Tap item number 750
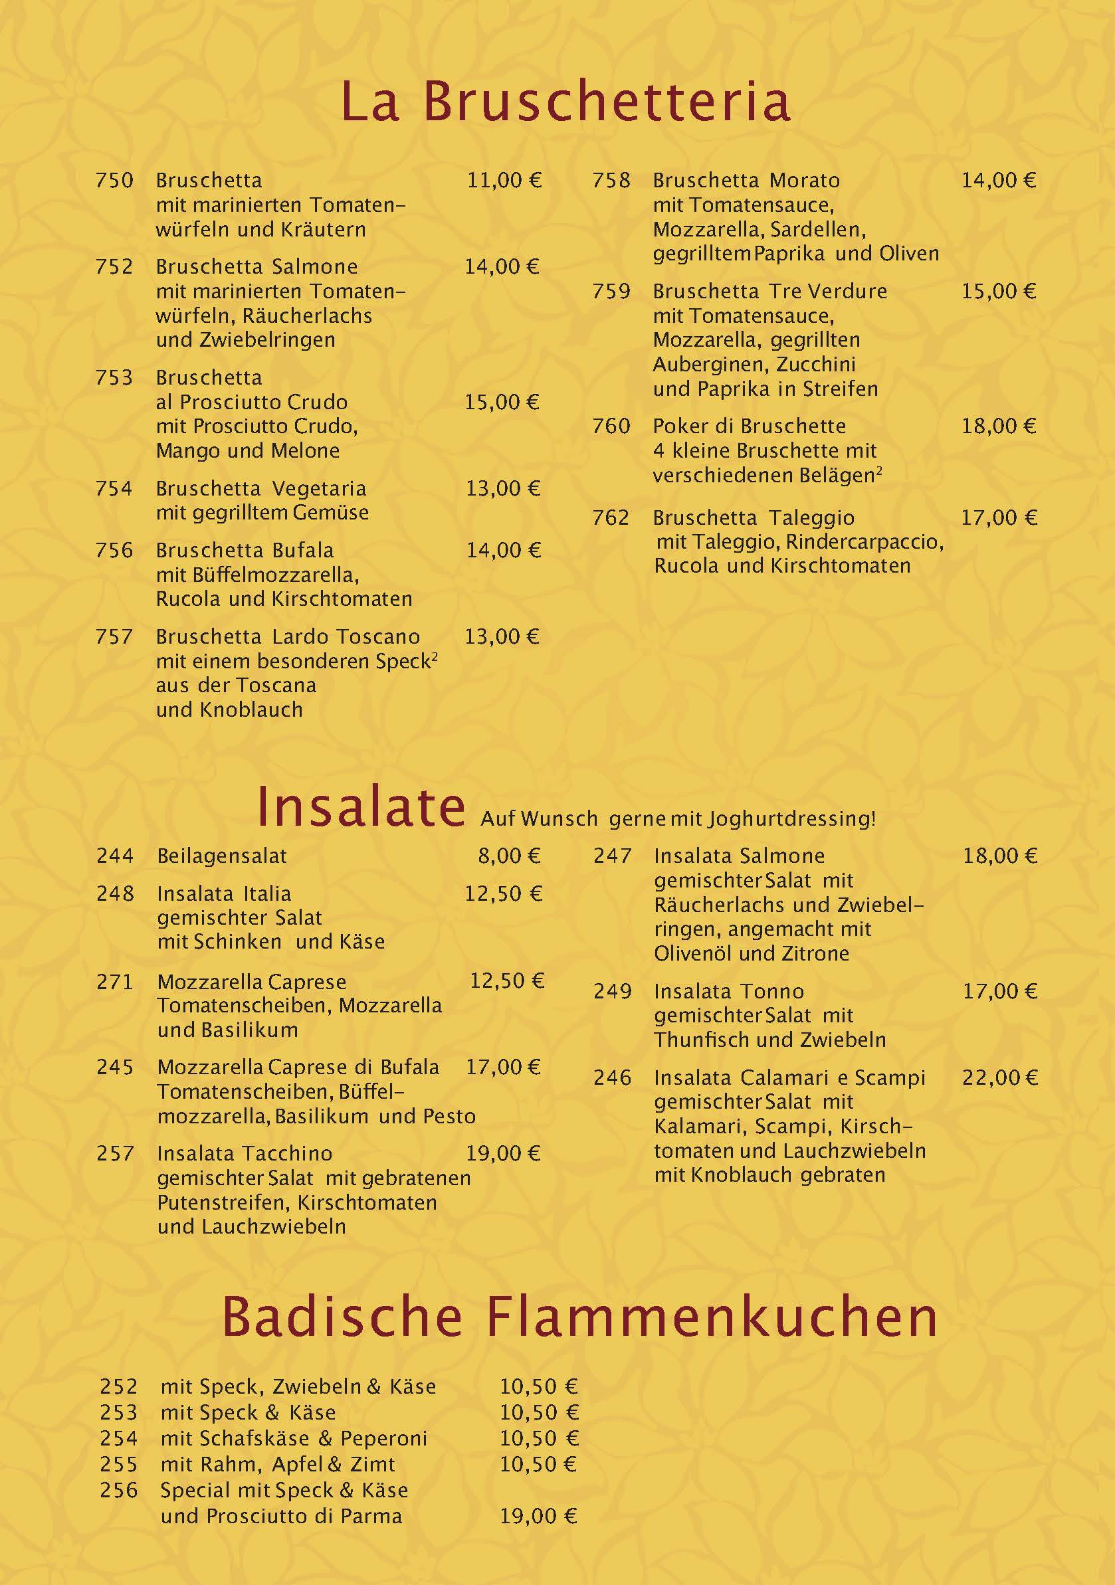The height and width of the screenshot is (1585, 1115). [x=114, y=181]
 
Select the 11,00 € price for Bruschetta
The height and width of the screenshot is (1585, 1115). [x=504, y=181]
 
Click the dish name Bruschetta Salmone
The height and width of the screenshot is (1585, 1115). [x=257, y=267]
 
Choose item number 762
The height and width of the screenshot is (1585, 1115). [x=611, y=517]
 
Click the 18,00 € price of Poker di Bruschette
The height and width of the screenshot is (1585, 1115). [x=998, y=426]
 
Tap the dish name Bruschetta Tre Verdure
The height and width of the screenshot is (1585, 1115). [x=769, y=292]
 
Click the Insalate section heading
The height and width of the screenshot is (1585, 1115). [x=360, y=807]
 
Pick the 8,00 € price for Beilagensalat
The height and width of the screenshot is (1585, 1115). [x=510, y=856]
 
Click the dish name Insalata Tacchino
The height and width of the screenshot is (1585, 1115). [x=245, y=1154]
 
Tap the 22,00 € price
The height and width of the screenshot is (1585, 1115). [x=999, y=1077]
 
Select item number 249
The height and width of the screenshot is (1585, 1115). [x=613, y=991]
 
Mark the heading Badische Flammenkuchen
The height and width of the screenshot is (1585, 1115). [x=579, y=1317]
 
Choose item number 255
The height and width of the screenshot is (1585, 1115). [x=119, y=1464]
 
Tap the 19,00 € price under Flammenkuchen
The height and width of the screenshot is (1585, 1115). [x=538, y=1516]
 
